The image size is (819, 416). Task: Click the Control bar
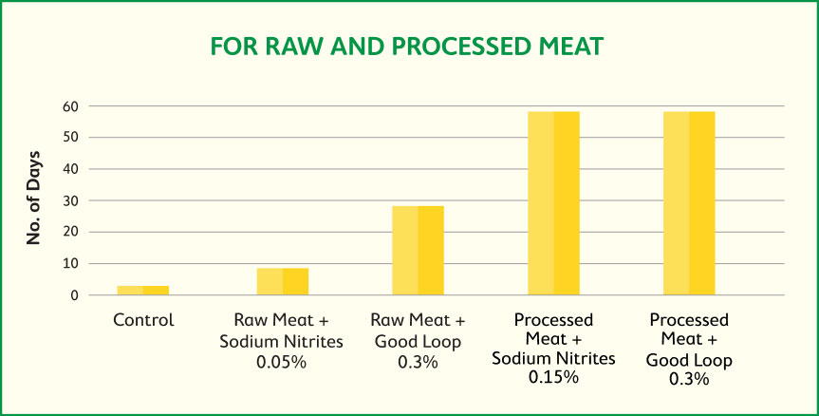point(143,290)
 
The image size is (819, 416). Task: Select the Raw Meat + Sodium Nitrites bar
point(282,281)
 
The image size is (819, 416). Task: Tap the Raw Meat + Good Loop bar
point(418,250)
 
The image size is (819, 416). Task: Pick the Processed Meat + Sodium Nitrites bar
point(553,203)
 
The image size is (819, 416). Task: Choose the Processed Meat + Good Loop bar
point(689,203)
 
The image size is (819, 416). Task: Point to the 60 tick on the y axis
point(69,106)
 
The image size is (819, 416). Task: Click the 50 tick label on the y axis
point(69,138)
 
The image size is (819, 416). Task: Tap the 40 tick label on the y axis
point(69,169)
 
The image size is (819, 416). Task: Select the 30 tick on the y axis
point(69,200)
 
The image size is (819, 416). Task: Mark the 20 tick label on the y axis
point(69,232)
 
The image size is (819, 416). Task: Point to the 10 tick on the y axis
point(69,263)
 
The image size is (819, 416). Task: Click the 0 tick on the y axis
point(74,295)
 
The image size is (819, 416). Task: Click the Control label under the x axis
point(143,320)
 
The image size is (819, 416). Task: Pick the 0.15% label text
point(553,377)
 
